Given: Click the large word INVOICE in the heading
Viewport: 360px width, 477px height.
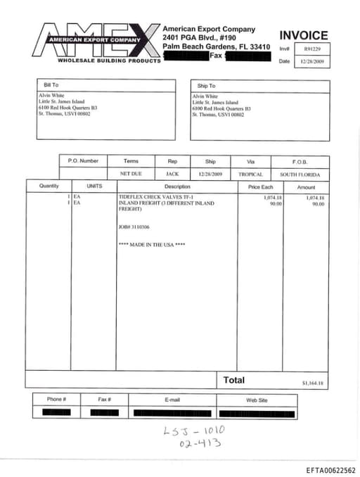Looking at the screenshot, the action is (304, 35).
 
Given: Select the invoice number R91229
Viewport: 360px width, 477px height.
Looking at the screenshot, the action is (312, 49).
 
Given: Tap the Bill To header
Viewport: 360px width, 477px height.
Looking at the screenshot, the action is (51, 85).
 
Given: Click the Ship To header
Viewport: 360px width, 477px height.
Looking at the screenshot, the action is (206, 85).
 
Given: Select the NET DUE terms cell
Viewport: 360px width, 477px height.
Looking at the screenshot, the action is (131, 174).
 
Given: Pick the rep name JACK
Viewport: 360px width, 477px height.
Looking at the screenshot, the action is (172, 174).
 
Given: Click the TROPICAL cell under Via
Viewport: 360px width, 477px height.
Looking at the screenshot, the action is (250, 174).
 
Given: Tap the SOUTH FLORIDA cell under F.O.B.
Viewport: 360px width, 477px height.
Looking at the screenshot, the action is (300, 174).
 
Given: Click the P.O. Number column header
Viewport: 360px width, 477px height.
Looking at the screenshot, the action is (83, 161).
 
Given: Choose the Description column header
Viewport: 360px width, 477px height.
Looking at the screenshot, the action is (177, 186).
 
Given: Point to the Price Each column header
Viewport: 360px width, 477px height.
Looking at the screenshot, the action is (260, 186).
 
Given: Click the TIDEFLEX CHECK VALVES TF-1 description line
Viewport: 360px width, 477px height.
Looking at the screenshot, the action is (155, 197).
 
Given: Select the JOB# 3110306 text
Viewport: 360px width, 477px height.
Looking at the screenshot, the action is (134, 227).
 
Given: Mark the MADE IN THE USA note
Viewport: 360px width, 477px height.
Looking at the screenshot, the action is (152, 244).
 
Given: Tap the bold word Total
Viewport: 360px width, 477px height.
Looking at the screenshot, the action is (234, 380).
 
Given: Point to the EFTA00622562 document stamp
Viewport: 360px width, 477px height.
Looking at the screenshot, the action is (330, 470).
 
